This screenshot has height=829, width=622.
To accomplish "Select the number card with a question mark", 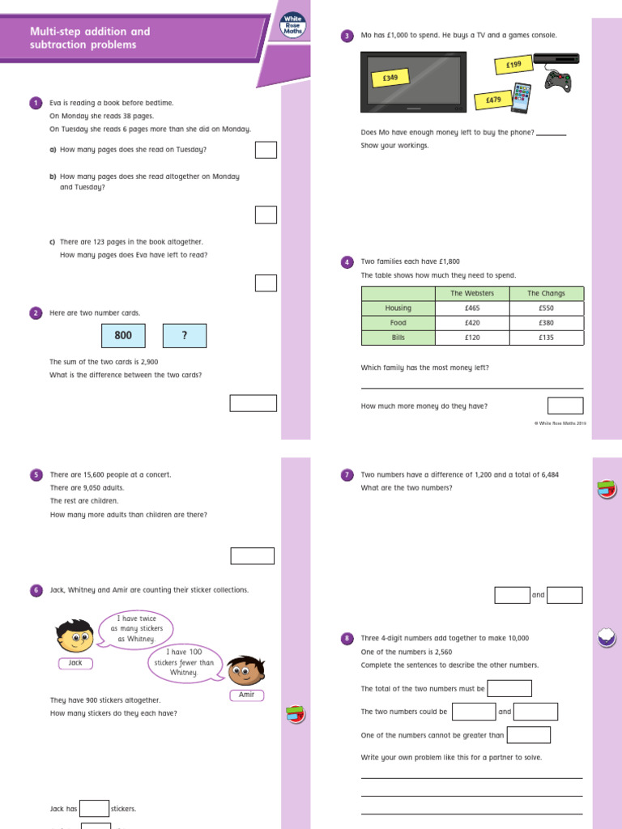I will tap(185, 336).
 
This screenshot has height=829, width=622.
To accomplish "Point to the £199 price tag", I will tap(513, 63).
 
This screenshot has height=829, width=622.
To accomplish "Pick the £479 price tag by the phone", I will tap(494, 100).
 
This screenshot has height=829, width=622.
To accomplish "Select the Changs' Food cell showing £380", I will tap(546, 323).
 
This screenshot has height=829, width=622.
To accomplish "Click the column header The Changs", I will tap(546, 294).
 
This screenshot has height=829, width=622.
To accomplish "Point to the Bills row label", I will tap(398, 338).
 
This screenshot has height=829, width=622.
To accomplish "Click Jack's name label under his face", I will tap(76, 663).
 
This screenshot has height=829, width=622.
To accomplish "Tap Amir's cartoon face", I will tap(246, 670).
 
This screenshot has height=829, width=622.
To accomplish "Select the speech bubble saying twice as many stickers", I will tap(137, 629).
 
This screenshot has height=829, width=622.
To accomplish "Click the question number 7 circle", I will tap(347, 475).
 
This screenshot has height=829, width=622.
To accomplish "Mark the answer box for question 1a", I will tap(266, 150).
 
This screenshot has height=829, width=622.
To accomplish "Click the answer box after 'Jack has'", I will tap(95, 809).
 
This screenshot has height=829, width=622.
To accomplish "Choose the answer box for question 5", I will tap(253, 555).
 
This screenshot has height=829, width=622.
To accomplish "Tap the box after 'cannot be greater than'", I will tap(529, 735).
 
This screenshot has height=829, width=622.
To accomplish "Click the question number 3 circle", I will tap(347, 36).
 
